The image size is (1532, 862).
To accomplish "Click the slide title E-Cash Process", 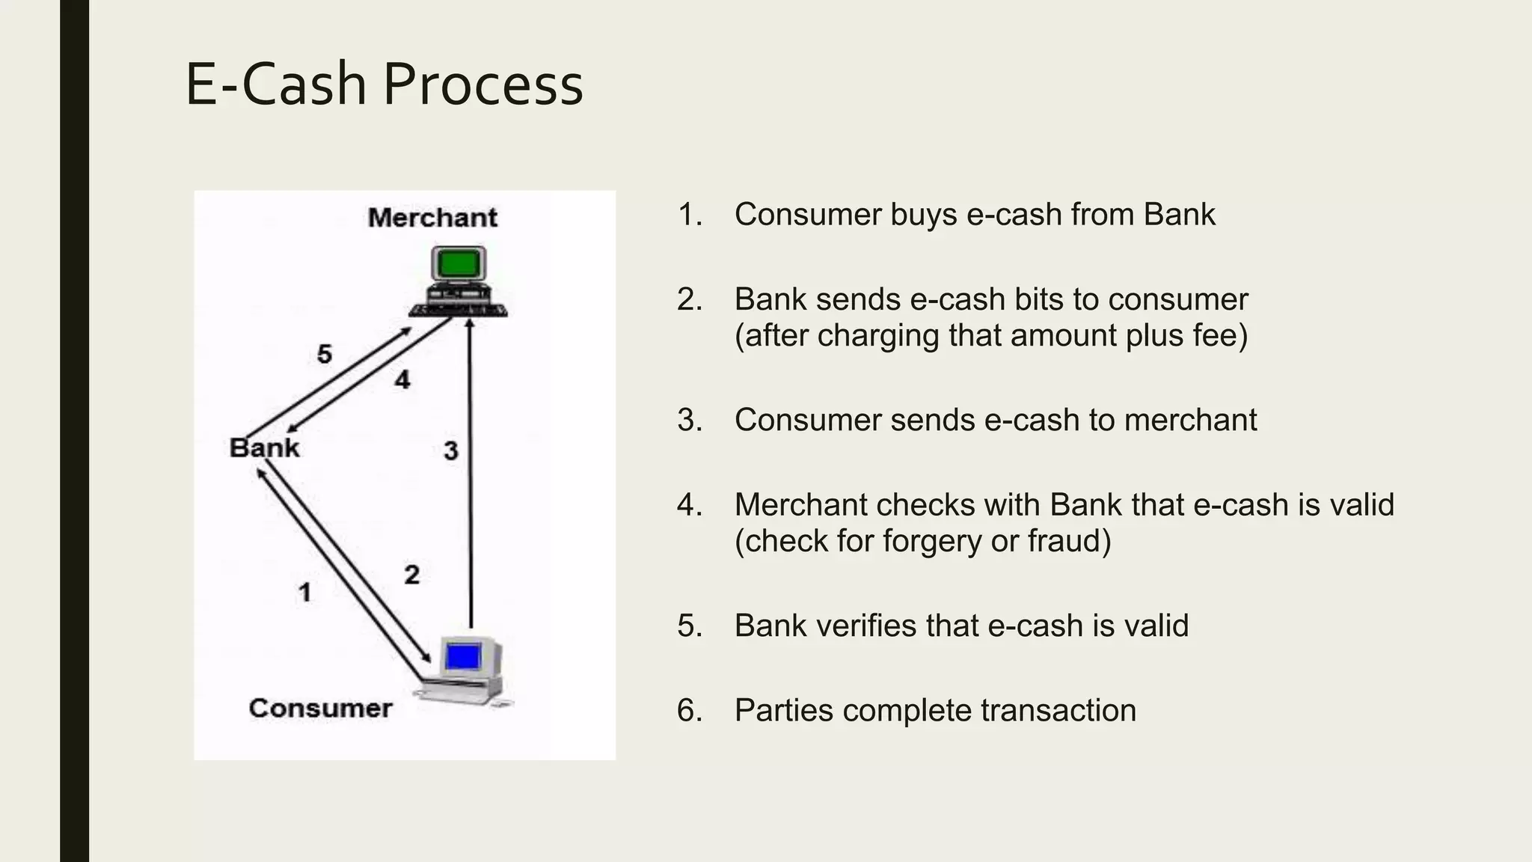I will (x=384, y=85).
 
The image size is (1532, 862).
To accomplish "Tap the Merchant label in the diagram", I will (x=432, y=218).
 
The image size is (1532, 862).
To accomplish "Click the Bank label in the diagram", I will (x=264, y=447).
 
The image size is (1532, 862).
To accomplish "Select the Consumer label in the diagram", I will (x=320, y=708).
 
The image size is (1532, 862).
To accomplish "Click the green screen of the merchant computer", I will (x=459, y=263).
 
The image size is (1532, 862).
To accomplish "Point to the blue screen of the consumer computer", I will (x=462, y=657).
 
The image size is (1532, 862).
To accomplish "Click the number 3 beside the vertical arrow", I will (x=450, y=451).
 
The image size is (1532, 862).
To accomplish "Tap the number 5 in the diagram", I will (x=324, y=354).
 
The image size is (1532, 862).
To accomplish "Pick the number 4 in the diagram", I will (x=402, y=380).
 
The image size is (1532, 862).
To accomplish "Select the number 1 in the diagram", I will (x=304, y=593).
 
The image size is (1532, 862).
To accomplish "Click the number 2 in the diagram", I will (x=411, y=575).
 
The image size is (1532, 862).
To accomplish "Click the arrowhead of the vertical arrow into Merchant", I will (x=470, y=323).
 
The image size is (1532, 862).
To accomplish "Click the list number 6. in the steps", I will (x=690, y=710).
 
